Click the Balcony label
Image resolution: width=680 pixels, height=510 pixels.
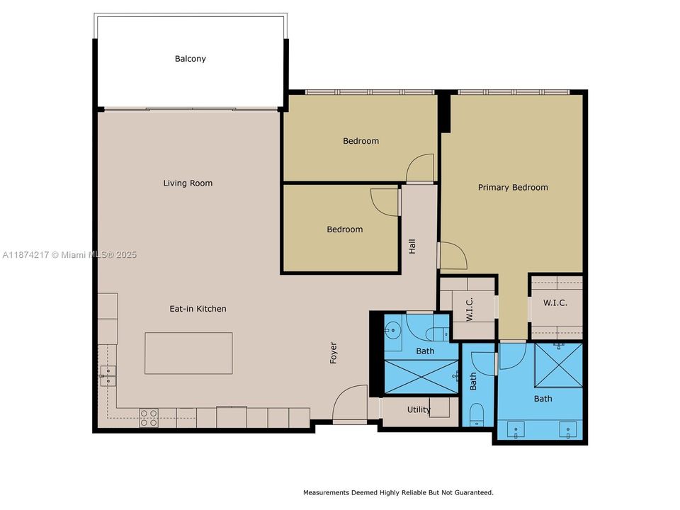point(190,59)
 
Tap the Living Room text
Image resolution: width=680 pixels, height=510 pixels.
point(188,183)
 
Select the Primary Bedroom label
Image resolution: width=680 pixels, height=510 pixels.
point(513,188)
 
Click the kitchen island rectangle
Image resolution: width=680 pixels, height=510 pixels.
point(188,353)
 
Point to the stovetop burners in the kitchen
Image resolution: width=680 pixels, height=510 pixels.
point(149,418)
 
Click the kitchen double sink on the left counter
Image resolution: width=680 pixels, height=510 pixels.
point(108,375)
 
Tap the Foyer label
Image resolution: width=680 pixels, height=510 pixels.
point(334,353)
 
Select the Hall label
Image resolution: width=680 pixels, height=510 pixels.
point(412,246)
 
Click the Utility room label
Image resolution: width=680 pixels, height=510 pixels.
point(419,409)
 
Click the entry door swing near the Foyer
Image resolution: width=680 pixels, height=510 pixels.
point(350,404)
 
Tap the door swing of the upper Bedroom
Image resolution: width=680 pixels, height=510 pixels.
point(421,168)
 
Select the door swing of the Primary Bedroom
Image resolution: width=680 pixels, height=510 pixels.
point(452,255)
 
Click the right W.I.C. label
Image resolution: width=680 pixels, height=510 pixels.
point(555,303)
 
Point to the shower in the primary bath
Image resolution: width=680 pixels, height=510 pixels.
point(558,365)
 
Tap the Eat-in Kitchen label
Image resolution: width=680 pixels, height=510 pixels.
point(198,309)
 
